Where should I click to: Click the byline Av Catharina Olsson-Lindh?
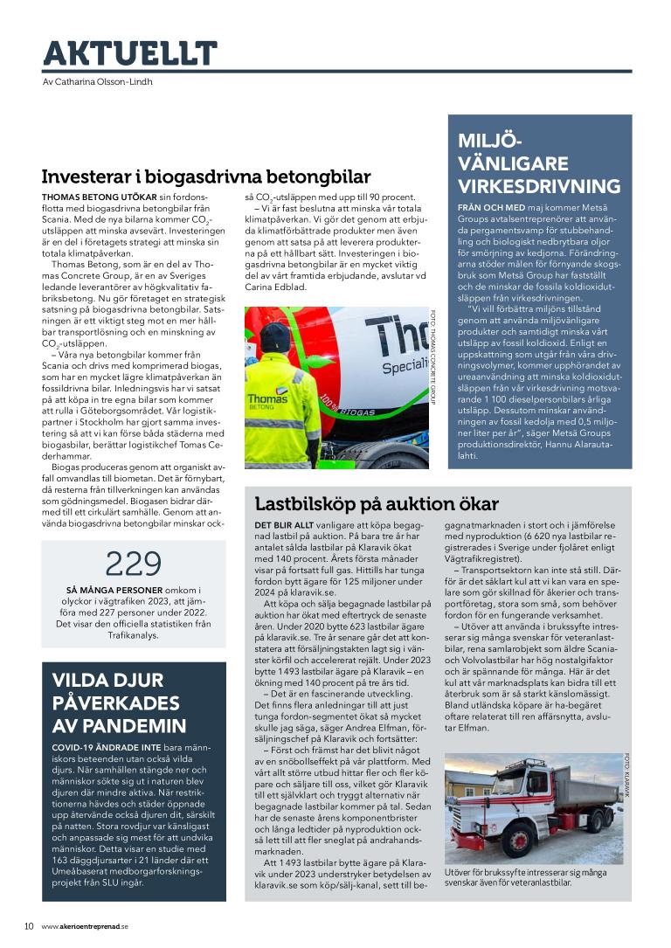pos(97,82)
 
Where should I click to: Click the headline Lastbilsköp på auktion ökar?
pos(376,504)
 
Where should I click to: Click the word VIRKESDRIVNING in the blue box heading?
pos(539,186)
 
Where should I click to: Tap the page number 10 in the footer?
pos(28,926)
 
